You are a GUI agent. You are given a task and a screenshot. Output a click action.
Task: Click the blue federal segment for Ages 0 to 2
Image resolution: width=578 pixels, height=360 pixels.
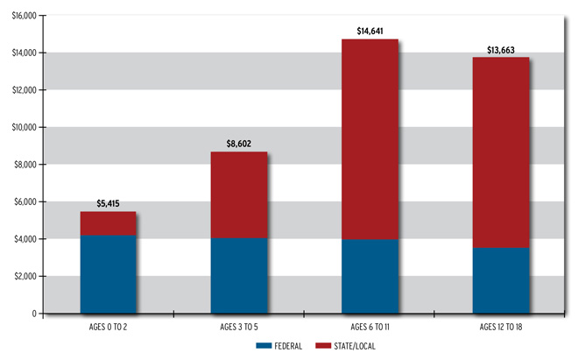point(108,274)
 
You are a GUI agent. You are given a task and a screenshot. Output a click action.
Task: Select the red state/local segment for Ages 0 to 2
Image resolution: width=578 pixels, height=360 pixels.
point(108,223)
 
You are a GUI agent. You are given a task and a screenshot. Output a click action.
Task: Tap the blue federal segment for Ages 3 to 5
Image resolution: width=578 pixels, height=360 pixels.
point(239,275)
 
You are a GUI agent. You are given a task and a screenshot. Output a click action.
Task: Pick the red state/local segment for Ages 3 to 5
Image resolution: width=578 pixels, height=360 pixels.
point(239,194)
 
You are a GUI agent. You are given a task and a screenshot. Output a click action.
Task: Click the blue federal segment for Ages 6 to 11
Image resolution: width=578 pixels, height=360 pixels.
point(370,276)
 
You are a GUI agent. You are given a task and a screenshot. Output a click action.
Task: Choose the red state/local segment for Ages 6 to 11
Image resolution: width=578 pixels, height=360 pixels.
point(370,139)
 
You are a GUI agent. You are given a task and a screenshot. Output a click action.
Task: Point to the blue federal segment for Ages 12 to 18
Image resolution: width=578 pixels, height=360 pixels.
point(502,280)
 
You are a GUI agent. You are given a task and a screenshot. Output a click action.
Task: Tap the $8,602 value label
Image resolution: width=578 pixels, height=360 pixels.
point(239,145)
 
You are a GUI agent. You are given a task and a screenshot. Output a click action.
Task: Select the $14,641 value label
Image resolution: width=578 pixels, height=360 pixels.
point(370,32)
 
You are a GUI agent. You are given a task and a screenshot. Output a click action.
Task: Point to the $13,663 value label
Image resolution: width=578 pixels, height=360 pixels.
point(502,50)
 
